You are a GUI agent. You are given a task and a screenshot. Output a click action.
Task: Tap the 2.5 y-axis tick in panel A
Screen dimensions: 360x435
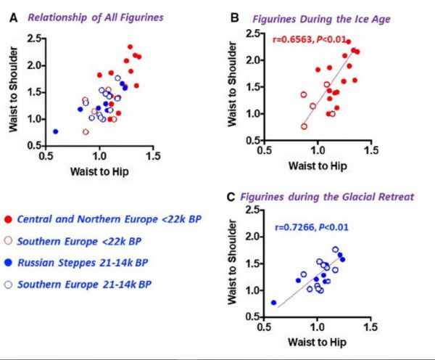point(36,38)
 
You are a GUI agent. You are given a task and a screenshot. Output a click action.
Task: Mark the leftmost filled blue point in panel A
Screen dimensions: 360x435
point(56,131)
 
